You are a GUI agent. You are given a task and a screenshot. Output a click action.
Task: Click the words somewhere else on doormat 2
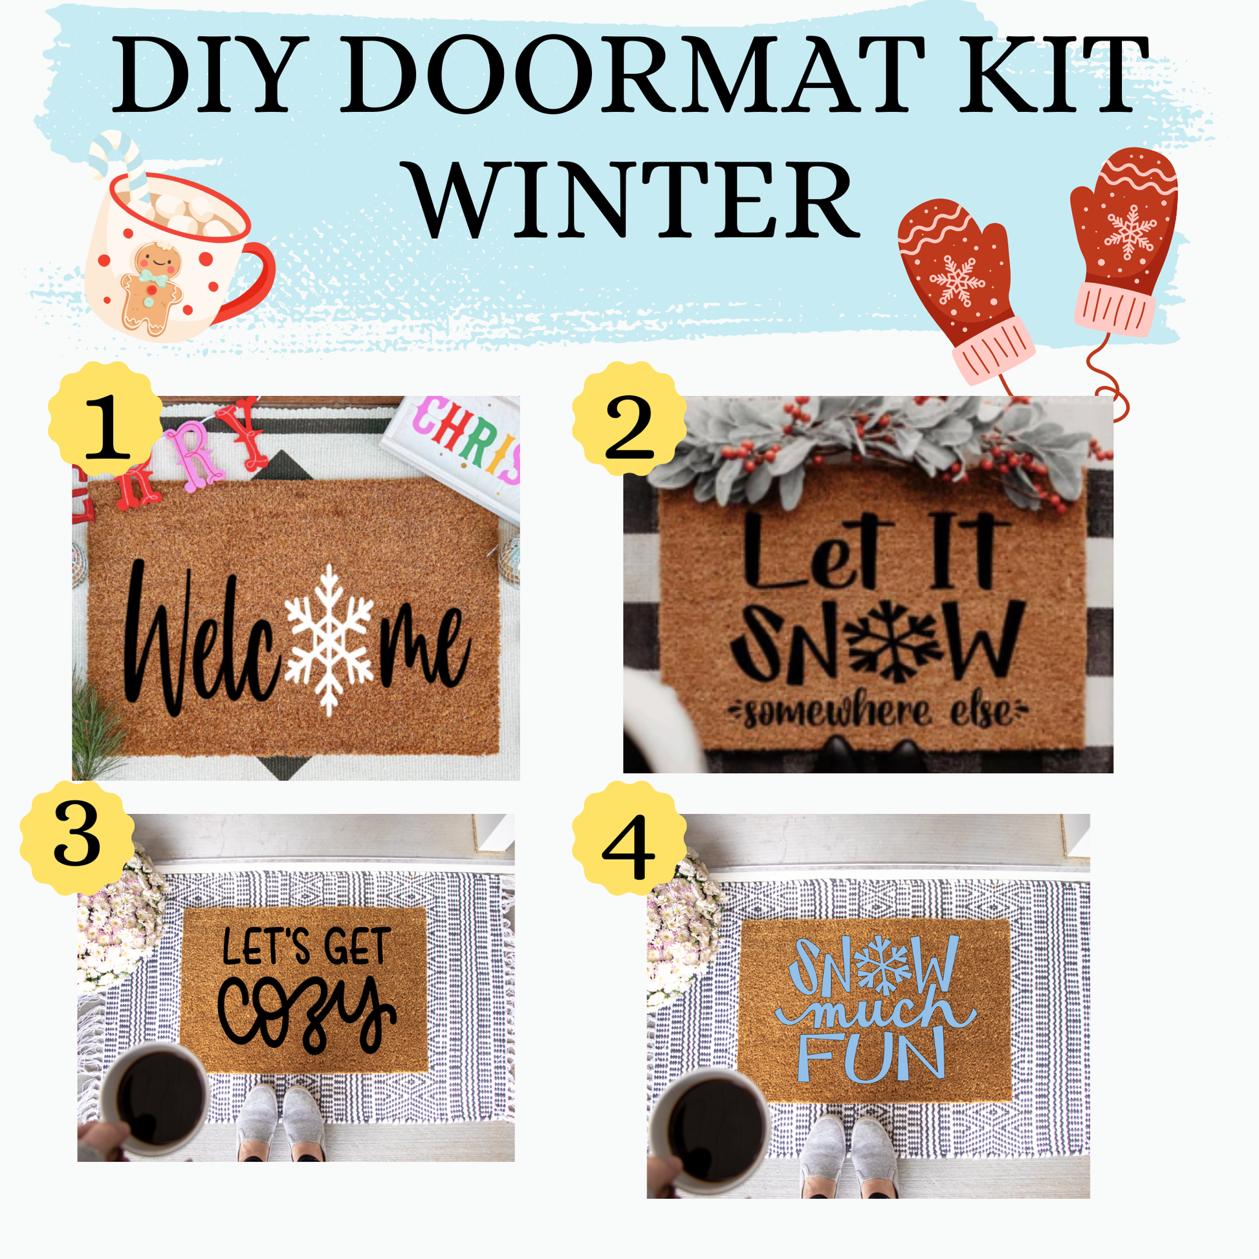(x=878, y=712)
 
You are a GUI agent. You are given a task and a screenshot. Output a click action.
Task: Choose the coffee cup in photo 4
(x=710, y=1132)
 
